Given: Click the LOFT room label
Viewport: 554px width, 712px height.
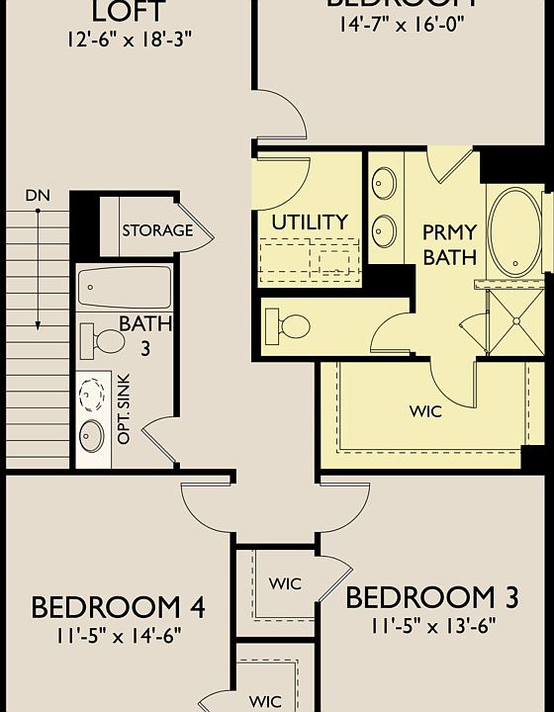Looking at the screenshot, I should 129,13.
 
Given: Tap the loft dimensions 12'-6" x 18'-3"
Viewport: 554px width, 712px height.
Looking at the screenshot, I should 129,41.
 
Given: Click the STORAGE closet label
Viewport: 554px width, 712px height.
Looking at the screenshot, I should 157,230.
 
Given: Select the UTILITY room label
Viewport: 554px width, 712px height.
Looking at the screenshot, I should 310,222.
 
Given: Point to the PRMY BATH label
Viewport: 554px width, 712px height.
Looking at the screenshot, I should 449,245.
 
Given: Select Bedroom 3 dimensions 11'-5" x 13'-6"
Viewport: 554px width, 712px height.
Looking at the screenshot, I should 432,625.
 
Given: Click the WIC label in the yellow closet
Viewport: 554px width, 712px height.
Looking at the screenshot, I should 425,409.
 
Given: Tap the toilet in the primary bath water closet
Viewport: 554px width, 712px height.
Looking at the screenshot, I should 292,324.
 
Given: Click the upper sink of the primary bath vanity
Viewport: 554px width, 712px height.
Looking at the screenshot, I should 383,184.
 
